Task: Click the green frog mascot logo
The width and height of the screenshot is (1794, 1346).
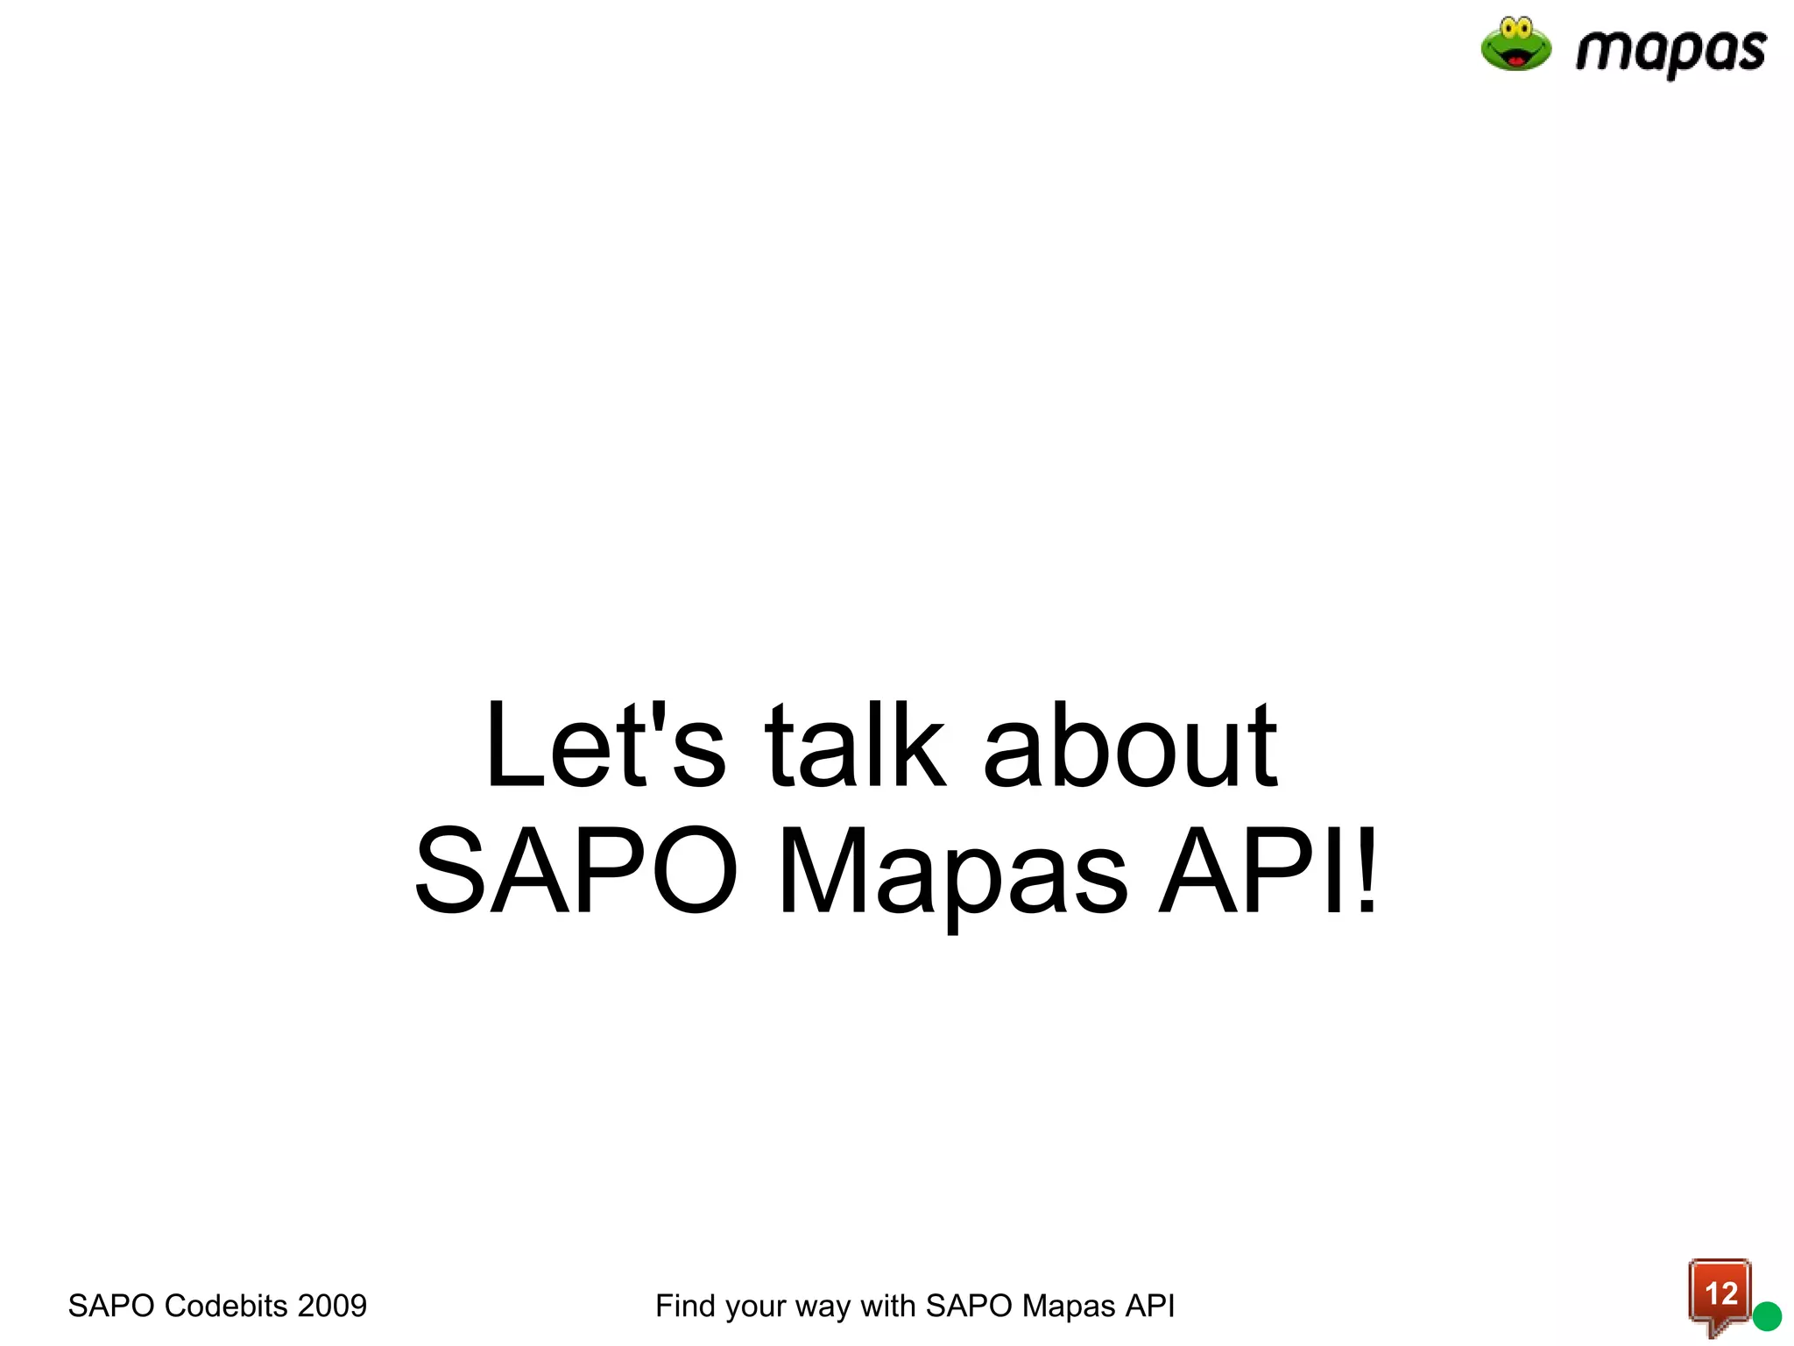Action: (x=1515, y=45)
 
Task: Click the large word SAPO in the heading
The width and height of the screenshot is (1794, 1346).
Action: (x=576, y=871)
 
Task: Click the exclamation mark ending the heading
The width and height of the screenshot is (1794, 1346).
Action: (x=1364, y=871)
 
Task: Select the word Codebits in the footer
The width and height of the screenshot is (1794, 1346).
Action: (x=226, y=1306)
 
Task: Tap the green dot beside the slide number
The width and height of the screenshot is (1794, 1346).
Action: (x=1767, y=1316)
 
